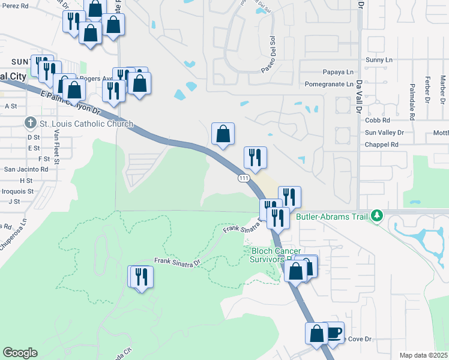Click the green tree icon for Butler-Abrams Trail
(376, 215)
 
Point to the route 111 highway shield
(243, 178)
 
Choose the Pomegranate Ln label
(329, 84)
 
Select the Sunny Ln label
(378, 61)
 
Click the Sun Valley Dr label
(384, 132)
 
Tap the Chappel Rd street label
(382, 145)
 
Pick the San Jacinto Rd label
(26, 169)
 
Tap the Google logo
(20, 352)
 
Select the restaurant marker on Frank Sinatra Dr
(142, 277)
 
